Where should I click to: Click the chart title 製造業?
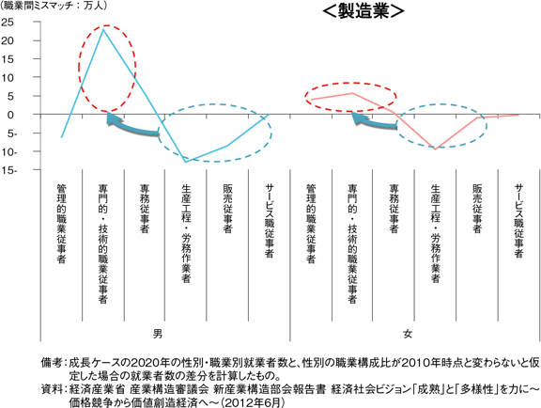click(x=363, y=11)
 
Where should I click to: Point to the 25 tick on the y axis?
click(x=8, y=23)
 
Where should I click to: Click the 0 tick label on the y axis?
click(x=10, y=115)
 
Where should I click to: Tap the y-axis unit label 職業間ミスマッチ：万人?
click(x=54, y=6)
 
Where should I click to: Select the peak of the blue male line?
click(x=103, y=30)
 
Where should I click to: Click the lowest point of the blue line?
click(x=186, y=162)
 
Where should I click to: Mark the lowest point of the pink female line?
click(x=436, y=149)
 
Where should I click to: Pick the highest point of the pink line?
click(x=352, y=93)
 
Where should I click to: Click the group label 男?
click(x=158, y=334)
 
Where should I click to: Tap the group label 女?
click(x=408, y=334)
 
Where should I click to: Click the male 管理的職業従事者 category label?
click(x=61, y=224)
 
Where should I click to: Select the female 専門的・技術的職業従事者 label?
click(x=352, y=243)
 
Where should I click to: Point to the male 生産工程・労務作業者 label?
click(x=186, y=233)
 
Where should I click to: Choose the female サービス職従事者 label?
click(x=518, y=221)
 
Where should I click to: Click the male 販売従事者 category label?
click(x=227, y=209)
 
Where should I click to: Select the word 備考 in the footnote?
click(x=52, y=363)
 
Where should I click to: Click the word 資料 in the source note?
click(x=52, y=389)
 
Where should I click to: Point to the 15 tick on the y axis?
click(x=8, y=59)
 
